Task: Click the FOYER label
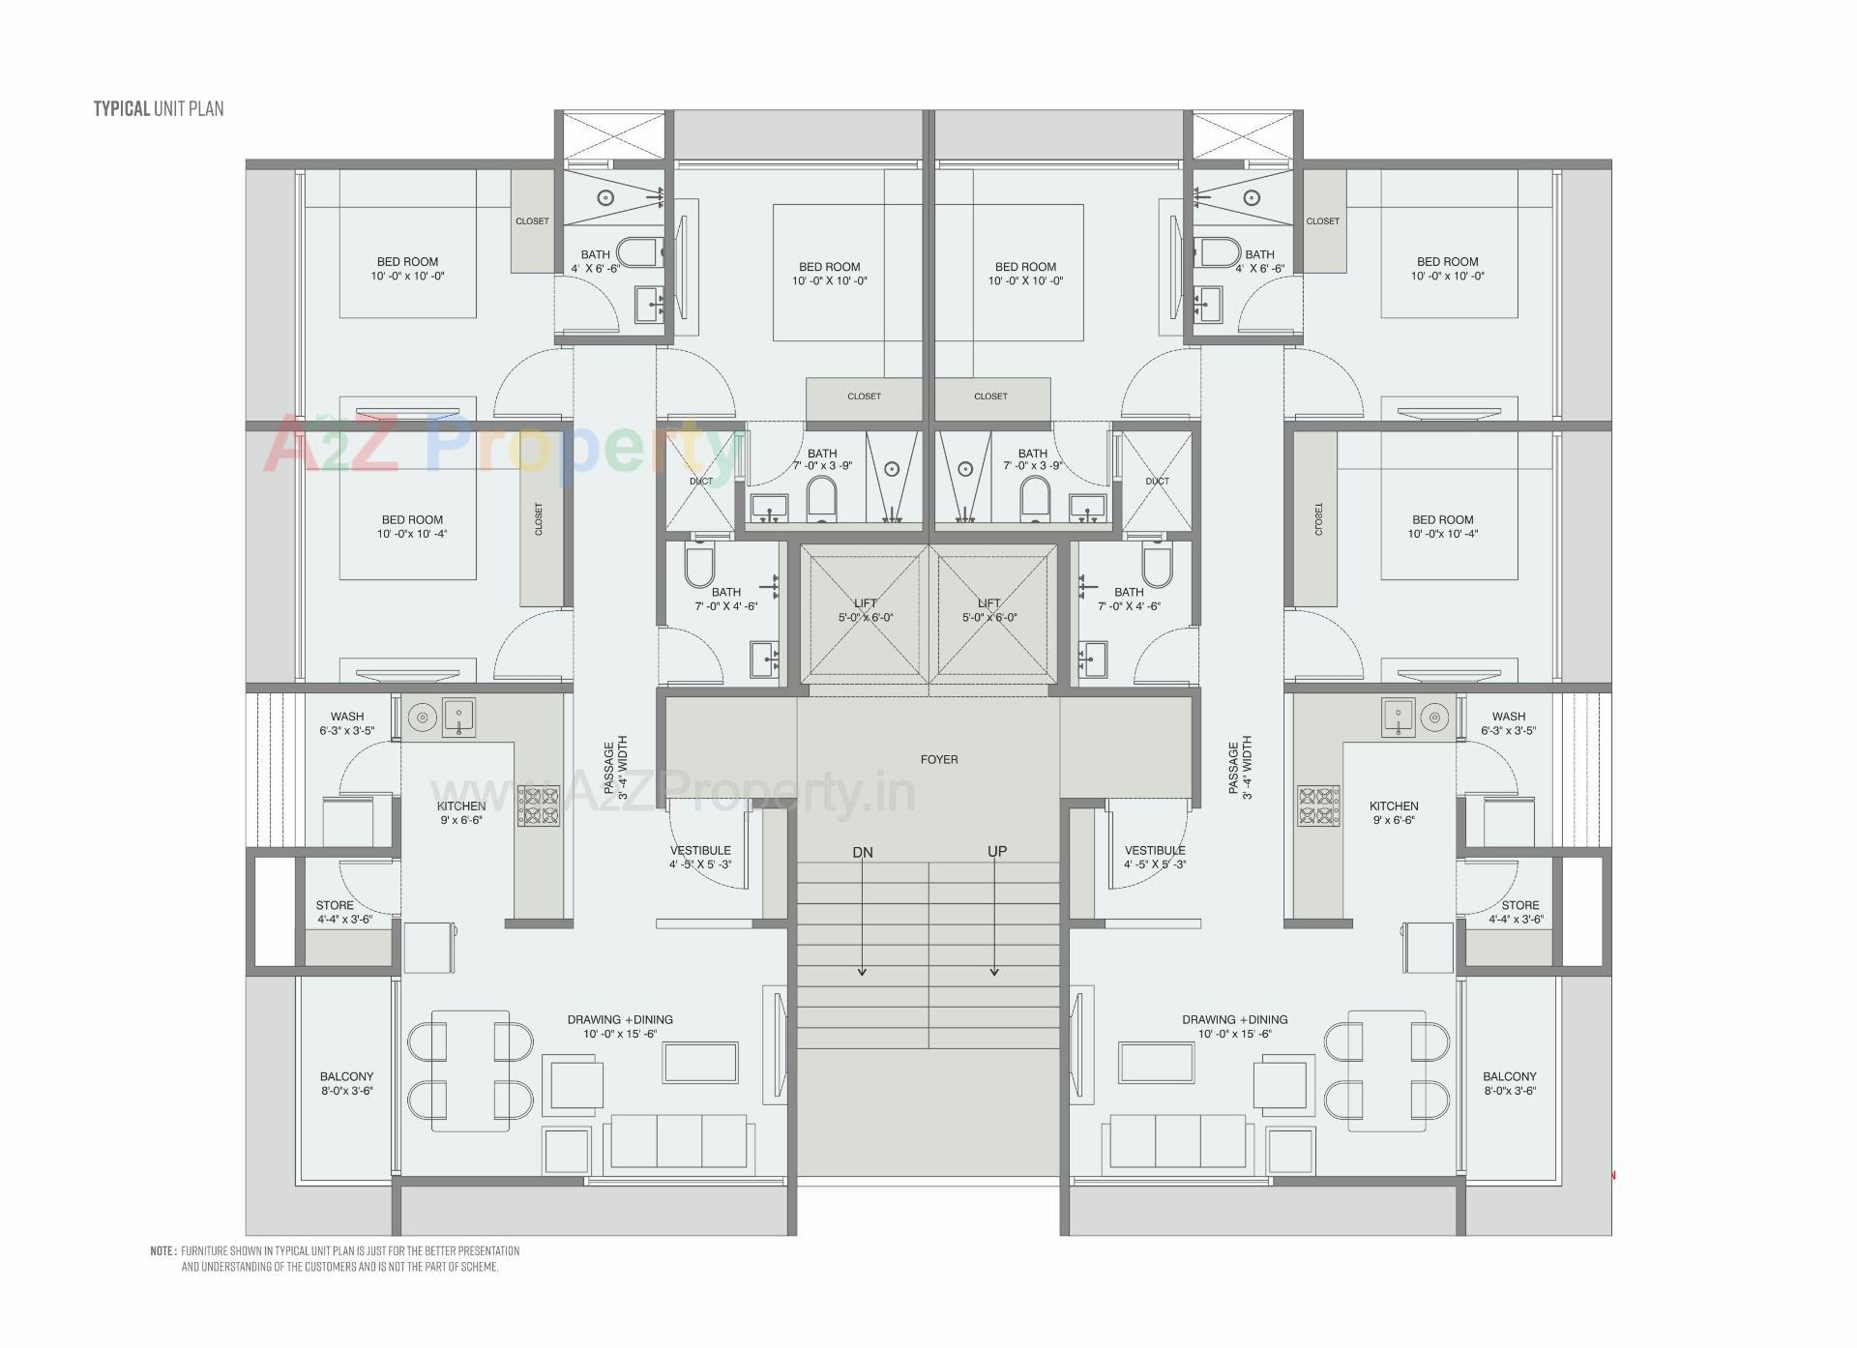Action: pos(939,760)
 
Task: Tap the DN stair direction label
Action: pos(863,853)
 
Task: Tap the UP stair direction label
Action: pos(997,852)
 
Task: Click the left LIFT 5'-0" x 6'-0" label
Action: pos(866,610)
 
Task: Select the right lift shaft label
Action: pos(989,610)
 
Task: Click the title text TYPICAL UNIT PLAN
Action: pos(159,108)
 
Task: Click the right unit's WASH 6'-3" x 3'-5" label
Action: pos(1508,723)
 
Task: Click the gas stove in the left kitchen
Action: pos(539,806)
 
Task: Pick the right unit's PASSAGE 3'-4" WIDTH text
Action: pos(1240,768)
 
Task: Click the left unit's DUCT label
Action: pos(700,482)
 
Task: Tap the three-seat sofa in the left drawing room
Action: pos(678,1142)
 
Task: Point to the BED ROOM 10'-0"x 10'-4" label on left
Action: pos(412,527)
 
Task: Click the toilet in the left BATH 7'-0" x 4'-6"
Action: pos(698,566)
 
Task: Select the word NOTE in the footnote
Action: pos(162,1251)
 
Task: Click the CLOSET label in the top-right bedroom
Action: pos(1322,221)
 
